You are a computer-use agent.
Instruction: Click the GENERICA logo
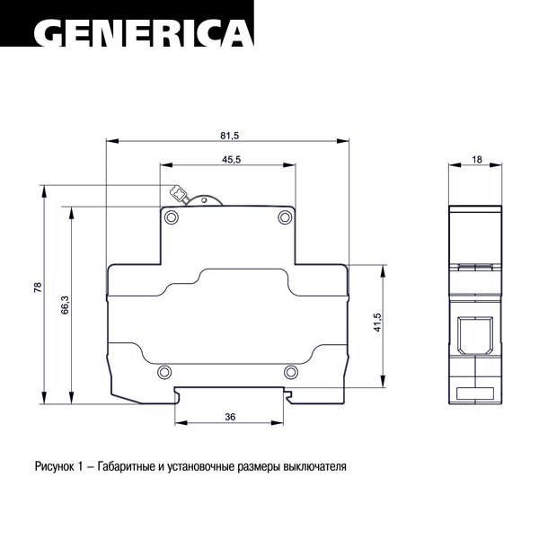(x=144, y=32)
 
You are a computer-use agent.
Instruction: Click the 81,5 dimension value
(x=230, y=136)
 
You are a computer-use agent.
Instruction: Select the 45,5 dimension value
(x=232, y=160)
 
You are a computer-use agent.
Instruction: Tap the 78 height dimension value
(x=38, y=287)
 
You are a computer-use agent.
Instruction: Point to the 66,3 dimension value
(x=66, y=305)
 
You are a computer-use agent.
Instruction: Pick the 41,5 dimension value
(x=377, y=323)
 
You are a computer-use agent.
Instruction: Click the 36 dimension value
(x=230, y=417)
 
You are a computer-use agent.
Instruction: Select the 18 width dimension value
(x=477, y=160)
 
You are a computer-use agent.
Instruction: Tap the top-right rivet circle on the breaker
(x=285, y=217)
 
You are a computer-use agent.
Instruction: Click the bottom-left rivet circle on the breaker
(x=164, y=372)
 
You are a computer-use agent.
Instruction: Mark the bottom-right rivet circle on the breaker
(x=291, y=372)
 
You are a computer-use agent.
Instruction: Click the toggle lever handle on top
(x=179, y=194)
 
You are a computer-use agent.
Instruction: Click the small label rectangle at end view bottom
(x=475, y=393)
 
